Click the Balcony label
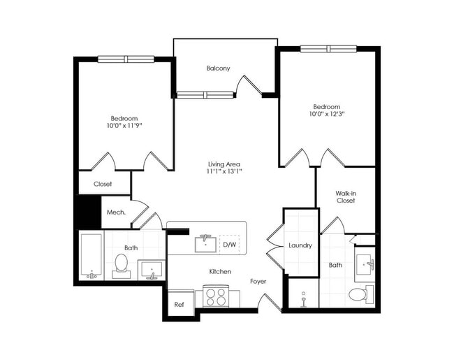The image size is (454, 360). [x=218, y=69]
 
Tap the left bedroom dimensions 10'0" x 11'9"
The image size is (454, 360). [x=124, y=127]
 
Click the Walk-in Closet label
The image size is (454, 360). [x=345, y=196]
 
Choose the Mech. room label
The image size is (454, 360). [x=116, y=213]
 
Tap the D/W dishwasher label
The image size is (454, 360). [x=229, y=245]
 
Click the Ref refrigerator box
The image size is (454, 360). [x=179, y=304]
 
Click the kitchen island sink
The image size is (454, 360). [x=205, y=243]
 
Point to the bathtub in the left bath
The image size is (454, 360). [x=90, y=257]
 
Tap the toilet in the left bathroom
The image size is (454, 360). [x=121, y=264]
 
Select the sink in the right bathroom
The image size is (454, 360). [x=365, y=264]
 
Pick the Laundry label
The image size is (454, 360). [x=300, y=245]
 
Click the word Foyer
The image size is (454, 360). [x=258, y=281]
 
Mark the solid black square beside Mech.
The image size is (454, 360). [x=88, y=212]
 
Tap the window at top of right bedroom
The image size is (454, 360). [x=328, y=49]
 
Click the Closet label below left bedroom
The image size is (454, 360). [x=103, y=185]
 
